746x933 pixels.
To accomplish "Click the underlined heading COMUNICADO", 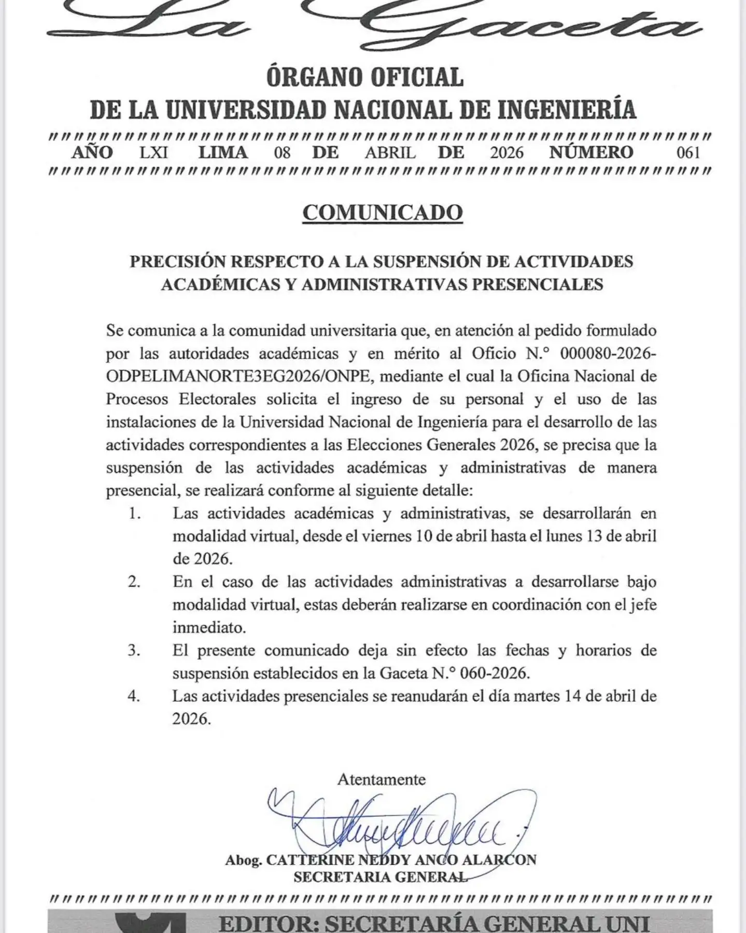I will [x=382, y=213].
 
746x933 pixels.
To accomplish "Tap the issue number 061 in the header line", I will [x=688, y=152].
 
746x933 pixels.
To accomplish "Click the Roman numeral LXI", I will [x=154, y=152].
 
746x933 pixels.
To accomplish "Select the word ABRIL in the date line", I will [x=390, y=152].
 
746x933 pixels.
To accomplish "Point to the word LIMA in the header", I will [x=223, y=152].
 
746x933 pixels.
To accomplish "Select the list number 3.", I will [x=134, y=651].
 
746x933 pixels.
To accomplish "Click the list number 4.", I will [x=134, y=696].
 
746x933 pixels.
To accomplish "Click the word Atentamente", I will [x=382, y=779].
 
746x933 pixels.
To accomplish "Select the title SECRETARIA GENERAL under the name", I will [x=380, y=877].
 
